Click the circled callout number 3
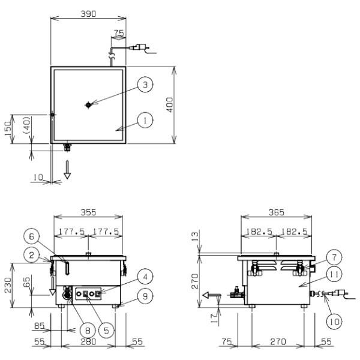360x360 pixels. coord(144,85)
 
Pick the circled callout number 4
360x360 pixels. coord(144,277)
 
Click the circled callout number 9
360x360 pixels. coord(144,295)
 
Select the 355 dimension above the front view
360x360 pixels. coord(88,212)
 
